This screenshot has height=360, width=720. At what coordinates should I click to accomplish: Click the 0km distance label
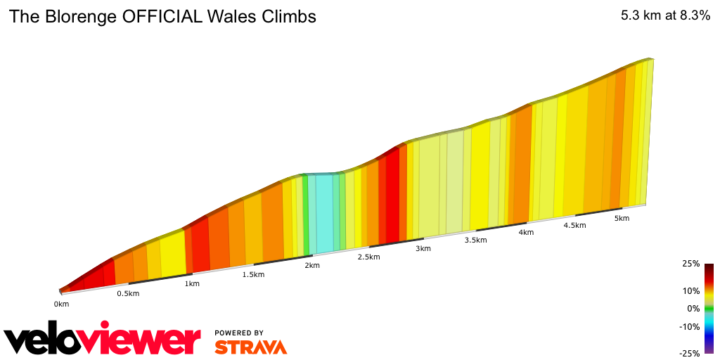61,304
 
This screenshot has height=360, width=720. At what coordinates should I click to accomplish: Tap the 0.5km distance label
128,293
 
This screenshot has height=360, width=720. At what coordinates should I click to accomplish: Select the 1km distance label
191,283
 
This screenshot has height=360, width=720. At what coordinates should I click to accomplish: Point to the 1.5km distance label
253,274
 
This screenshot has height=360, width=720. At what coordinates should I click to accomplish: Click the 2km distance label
312,265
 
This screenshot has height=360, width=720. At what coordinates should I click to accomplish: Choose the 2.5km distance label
369,257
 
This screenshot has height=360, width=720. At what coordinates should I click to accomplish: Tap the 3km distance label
423,248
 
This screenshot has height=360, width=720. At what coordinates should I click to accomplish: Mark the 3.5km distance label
475,240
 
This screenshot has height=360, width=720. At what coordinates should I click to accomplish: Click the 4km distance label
526,233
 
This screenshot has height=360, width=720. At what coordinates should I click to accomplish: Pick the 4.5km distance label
574,225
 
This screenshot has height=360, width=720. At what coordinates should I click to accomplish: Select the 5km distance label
622,218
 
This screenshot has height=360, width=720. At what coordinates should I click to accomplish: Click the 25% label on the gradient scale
690,264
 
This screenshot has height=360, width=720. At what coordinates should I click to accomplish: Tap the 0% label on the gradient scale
693,308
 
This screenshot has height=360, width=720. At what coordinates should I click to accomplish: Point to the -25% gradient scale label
689,354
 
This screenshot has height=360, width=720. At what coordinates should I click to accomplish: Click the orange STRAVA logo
250,347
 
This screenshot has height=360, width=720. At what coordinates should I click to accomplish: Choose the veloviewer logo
103,340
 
